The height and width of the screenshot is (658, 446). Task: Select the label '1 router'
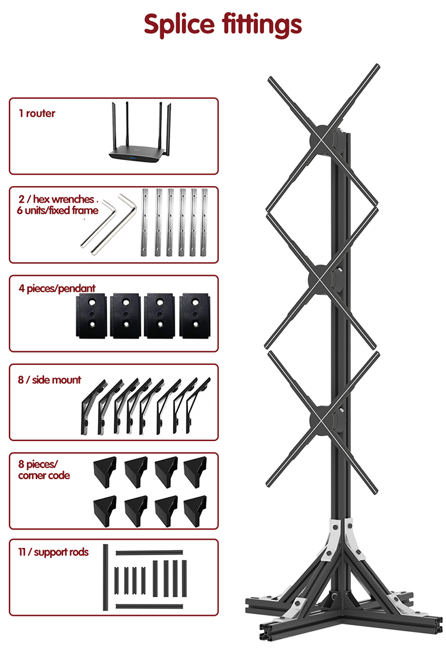37,114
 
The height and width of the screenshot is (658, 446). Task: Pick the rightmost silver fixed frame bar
206,222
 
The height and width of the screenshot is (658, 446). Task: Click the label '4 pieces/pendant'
57,289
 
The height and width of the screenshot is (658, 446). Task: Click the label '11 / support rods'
54,552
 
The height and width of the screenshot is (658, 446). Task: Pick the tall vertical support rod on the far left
106,577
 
